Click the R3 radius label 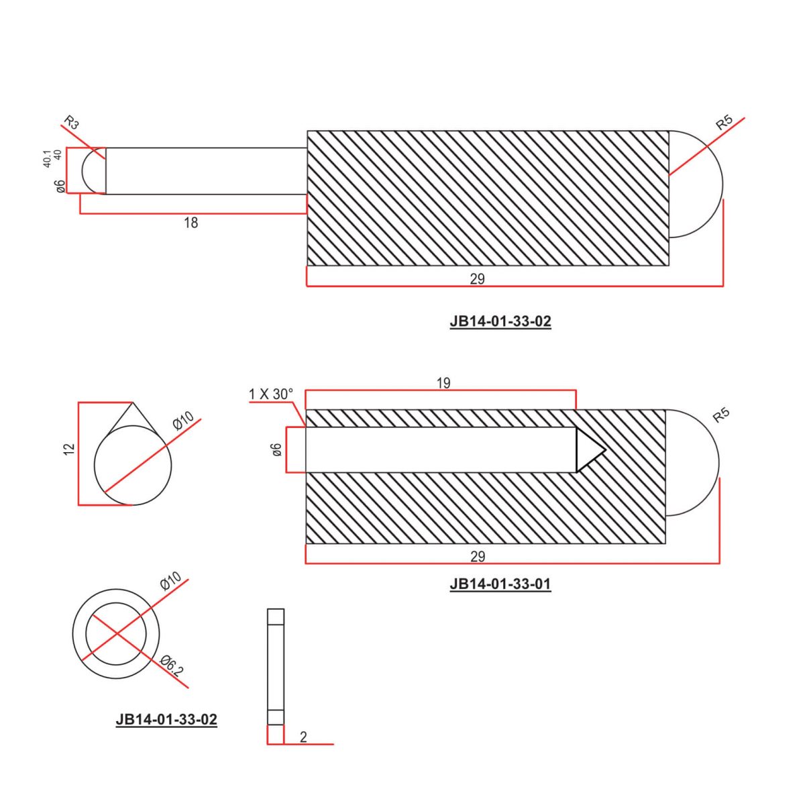[71, 123]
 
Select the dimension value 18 [191, 223]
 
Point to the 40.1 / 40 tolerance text [52, 158]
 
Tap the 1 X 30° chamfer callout [271, 394]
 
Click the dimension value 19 [443, 383]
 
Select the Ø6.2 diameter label [172, 667]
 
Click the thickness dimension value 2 [303, 737]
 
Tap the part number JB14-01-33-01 [500, 584]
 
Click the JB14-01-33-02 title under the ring [166, 720]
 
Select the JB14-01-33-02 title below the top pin [500, 321]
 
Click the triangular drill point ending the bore [589, 450]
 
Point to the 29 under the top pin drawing [477, 279]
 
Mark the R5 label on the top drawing [723, 123]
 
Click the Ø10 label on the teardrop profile [182, 421]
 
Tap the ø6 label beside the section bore [276, 450]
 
